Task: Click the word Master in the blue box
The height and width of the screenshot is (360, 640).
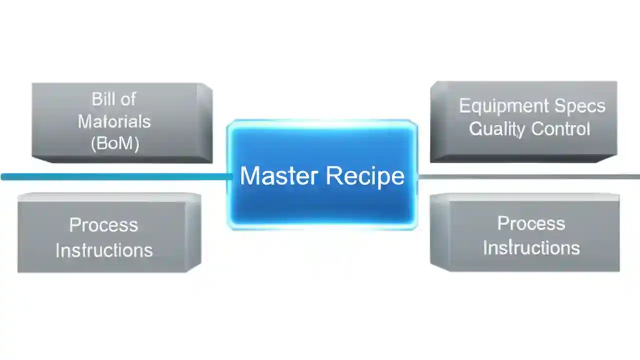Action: pos(278,176)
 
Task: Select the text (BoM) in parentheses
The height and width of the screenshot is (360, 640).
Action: pos(115,143)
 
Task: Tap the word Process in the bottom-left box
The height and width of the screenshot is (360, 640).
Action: pos(103,225)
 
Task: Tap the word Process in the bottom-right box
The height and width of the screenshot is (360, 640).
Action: pos(531,223)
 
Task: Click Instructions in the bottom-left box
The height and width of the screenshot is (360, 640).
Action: pos(104,249)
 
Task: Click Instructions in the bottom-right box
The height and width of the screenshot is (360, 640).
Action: pos(531,247)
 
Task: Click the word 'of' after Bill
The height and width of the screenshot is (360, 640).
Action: pos(128,99)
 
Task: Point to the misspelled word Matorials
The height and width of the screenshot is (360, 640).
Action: pos(114,121)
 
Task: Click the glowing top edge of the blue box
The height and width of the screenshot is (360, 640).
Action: pos(322,121)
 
